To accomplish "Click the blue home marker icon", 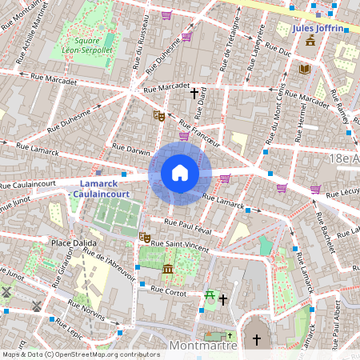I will [x=180, y=173].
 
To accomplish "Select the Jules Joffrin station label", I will [x=318, y=28].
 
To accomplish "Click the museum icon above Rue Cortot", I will [x=168, y=269].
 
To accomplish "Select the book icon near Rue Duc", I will [x=304, y=70].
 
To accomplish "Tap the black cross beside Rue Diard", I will [x=194, y=94].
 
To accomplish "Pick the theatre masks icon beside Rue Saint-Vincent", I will [x=145, y=237].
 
